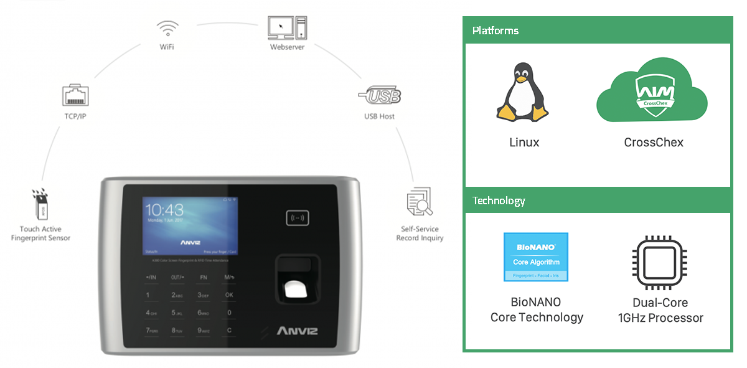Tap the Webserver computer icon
[x=287, y=27]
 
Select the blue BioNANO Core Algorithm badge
[x=535, y=257]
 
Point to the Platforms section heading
[x=496, y=31]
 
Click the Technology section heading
[x=499, y=201]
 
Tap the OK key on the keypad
[x=229, y=295]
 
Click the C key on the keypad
[x=229, y=330]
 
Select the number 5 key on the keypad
[x=175, y=313]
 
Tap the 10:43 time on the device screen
[x=165, y=209]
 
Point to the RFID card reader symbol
[x=298, y=218]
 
